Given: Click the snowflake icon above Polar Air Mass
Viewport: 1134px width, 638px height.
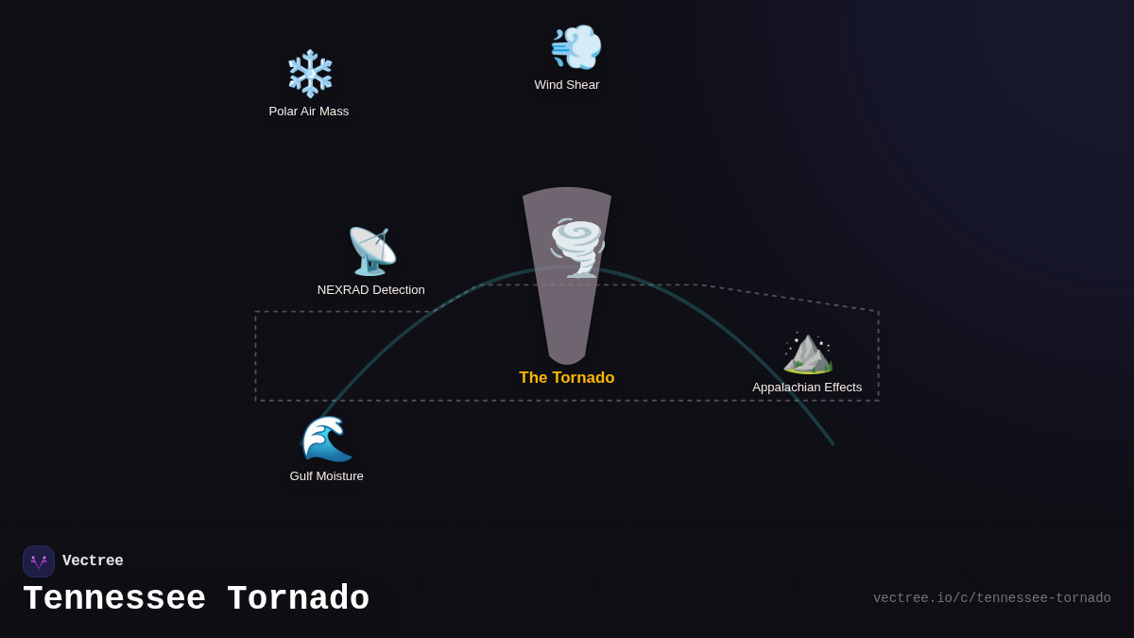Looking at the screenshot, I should click(310, 74).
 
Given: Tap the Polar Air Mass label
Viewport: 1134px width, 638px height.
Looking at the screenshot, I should click(309, 112).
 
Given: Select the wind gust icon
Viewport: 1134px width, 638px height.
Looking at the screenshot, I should click(576, 47).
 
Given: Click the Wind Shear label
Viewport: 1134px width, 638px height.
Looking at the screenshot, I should click(567, 85).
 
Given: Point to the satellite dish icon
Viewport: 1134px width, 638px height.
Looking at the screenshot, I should click(371, 251).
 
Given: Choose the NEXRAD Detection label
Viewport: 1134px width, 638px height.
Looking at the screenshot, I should click(371, 290).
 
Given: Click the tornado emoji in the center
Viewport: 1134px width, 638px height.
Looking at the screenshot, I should click(576, 248).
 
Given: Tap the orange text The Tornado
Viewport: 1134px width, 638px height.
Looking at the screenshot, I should click(567, 378).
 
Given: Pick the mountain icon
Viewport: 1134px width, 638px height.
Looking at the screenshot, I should click(808, 353).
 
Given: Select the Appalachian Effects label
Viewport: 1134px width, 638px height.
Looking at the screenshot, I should click(807, 388).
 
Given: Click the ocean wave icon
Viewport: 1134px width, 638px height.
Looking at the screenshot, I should click(327, 439).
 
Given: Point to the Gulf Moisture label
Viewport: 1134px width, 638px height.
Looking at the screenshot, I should click(327, 476).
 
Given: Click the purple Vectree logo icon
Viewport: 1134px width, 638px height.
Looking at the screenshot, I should click(39, 561).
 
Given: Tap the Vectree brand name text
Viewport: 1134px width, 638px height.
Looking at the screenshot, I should click(93, 561).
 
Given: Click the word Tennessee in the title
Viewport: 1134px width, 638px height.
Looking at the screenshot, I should click(114, 599).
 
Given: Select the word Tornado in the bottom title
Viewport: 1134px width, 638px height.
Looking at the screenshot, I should click(299, 599).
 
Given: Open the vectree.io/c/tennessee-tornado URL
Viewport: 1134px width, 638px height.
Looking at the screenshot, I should click(991, 598).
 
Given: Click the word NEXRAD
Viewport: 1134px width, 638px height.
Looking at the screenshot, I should click(343, 290).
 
